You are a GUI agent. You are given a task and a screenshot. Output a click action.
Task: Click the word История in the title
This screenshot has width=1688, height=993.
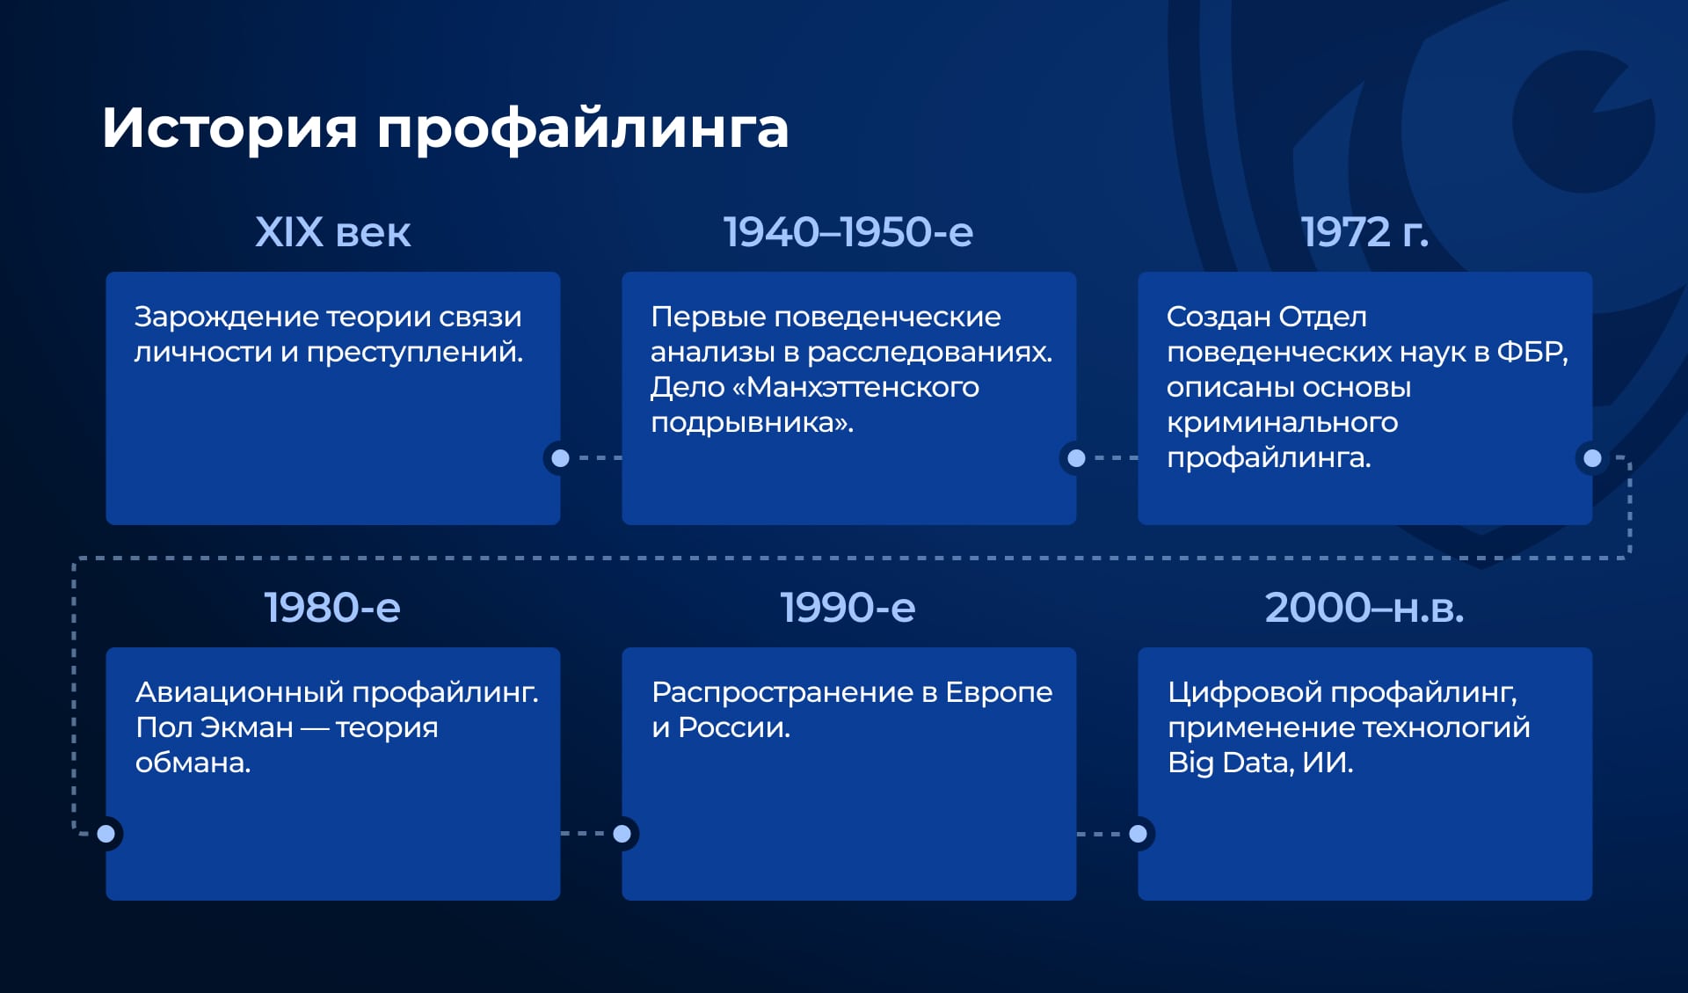click(229, 128)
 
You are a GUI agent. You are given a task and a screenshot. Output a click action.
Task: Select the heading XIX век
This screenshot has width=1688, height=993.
click(332, 232)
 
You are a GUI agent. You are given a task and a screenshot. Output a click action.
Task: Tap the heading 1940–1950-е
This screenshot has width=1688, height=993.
click(848, 232)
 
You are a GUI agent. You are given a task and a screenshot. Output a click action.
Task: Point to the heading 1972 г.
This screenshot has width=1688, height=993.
click(1364, 232)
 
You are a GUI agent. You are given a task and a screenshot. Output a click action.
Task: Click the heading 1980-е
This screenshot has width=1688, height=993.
click(332, 608)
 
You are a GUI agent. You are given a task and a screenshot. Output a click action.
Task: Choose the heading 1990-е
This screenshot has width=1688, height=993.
click(848, 608)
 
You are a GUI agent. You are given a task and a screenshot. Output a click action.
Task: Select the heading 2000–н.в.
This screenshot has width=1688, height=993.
click(1364, 608)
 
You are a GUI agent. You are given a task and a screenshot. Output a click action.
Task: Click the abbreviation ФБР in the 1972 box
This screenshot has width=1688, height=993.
click(1531, 352)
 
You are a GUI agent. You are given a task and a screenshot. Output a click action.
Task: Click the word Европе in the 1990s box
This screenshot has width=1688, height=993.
click(999, 692)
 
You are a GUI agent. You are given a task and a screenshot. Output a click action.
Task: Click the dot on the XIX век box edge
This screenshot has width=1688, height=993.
click(560, 457)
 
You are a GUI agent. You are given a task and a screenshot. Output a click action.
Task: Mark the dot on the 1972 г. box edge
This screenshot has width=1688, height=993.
click(1592, 457)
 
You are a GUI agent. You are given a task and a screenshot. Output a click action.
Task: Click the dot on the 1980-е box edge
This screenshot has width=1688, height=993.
click(106, 833)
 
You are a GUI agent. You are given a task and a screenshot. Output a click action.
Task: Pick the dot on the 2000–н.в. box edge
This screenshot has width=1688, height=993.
click(1138, 833)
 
